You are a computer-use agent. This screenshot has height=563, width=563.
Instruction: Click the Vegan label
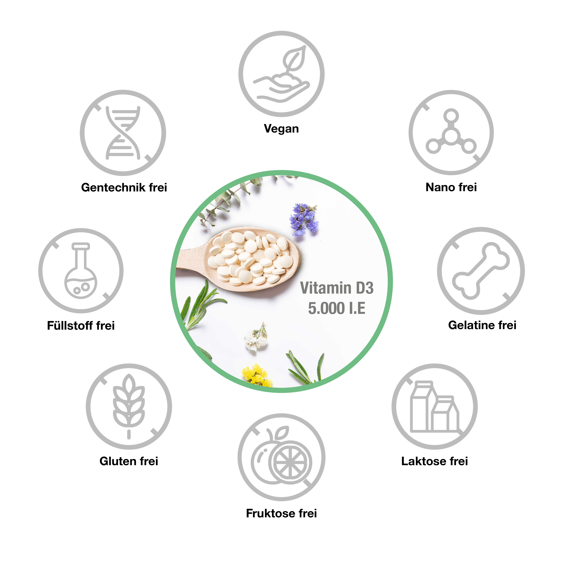(281, 128)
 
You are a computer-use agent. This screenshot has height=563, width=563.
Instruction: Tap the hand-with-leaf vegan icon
(281, 74)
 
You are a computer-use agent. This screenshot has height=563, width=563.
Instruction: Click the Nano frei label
(451, 187)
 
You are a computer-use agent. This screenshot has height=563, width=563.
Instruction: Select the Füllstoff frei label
(81, 325)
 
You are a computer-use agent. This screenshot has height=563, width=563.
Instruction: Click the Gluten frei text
(129, 461)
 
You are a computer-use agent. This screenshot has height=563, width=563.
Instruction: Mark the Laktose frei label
(435, 461)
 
